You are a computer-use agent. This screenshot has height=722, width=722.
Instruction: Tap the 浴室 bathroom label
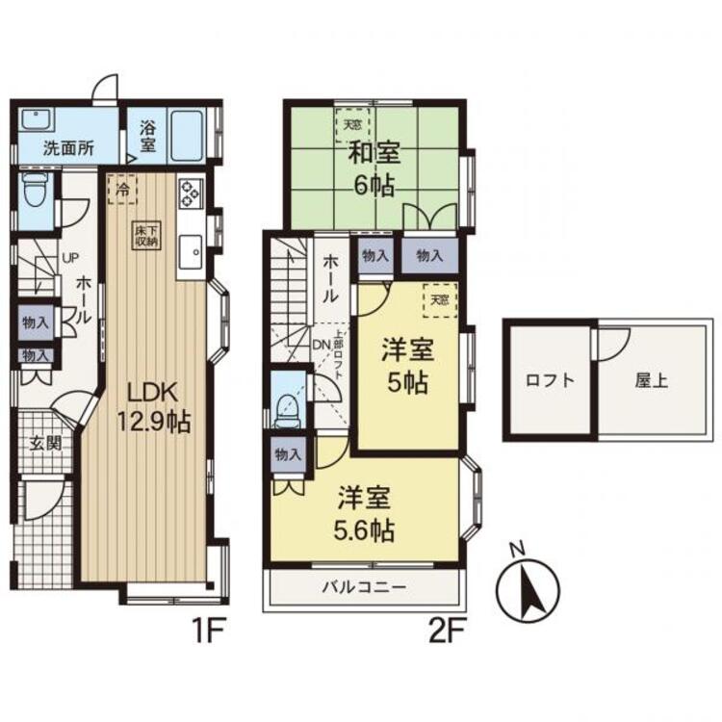(x=147, y=136)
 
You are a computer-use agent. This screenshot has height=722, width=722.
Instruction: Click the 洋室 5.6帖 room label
(x=365, y=515)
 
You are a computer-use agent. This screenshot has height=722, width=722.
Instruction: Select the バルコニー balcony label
(x=364, y=586)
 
